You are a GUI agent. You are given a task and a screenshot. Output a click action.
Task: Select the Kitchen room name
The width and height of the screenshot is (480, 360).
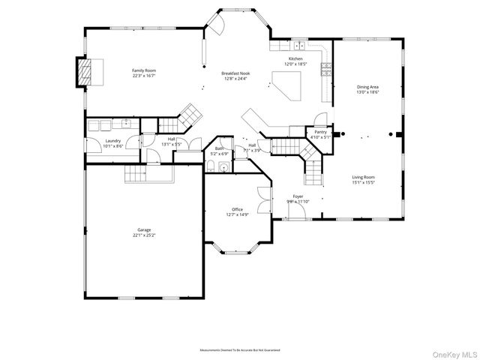[x=296, y=59]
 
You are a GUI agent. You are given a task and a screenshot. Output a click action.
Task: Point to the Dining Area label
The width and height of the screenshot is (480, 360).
[x=367, y=87]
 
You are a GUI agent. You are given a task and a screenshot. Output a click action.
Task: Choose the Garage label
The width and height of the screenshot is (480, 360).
[x=144, y=230]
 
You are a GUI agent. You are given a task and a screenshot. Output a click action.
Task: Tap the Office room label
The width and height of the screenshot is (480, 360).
[x=237, y=209]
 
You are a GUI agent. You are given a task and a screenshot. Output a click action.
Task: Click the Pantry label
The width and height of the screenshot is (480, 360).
[x=320, y=132]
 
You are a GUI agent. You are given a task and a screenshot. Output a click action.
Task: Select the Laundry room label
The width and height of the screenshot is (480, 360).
[x=113, y=140]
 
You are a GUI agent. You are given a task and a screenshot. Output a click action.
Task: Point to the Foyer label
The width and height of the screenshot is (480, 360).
[x=298, y=196]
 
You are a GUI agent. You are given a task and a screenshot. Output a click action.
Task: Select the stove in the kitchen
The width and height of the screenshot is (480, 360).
[x=325, y=70]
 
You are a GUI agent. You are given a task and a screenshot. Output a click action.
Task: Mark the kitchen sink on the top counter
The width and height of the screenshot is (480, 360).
[x=300, y=45]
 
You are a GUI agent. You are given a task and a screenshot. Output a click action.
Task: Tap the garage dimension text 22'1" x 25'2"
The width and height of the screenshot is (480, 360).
[x=144, y=235]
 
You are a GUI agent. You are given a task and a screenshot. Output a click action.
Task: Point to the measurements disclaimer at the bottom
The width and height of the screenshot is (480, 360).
[x=240, y=350]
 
